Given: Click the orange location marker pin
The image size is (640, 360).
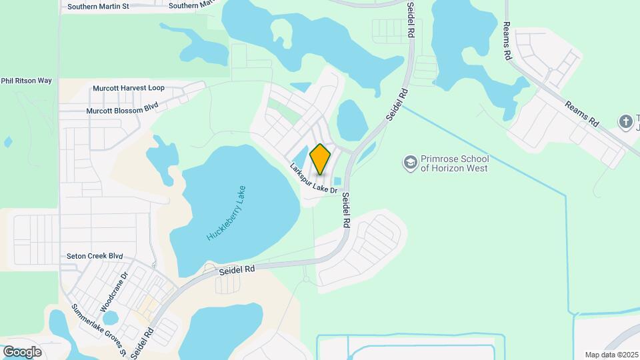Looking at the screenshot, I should [320, 159].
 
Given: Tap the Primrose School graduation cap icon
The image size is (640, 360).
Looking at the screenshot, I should [410, 163].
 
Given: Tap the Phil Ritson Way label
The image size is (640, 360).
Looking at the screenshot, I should [27, 81].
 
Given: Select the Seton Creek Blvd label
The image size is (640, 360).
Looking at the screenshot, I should [95, 256].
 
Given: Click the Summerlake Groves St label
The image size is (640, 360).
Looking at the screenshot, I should [98, 330].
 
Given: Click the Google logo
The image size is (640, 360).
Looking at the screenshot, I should [22, 351].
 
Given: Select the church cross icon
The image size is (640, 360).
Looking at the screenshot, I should [625, 121].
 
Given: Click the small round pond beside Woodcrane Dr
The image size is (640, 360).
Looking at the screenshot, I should [110, 318].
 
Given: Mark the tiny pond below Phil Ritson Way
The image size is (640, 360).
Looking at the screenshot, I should [7, 142].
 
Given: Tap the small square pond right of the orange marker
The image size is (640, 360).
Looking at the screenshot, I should [337, 181].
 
